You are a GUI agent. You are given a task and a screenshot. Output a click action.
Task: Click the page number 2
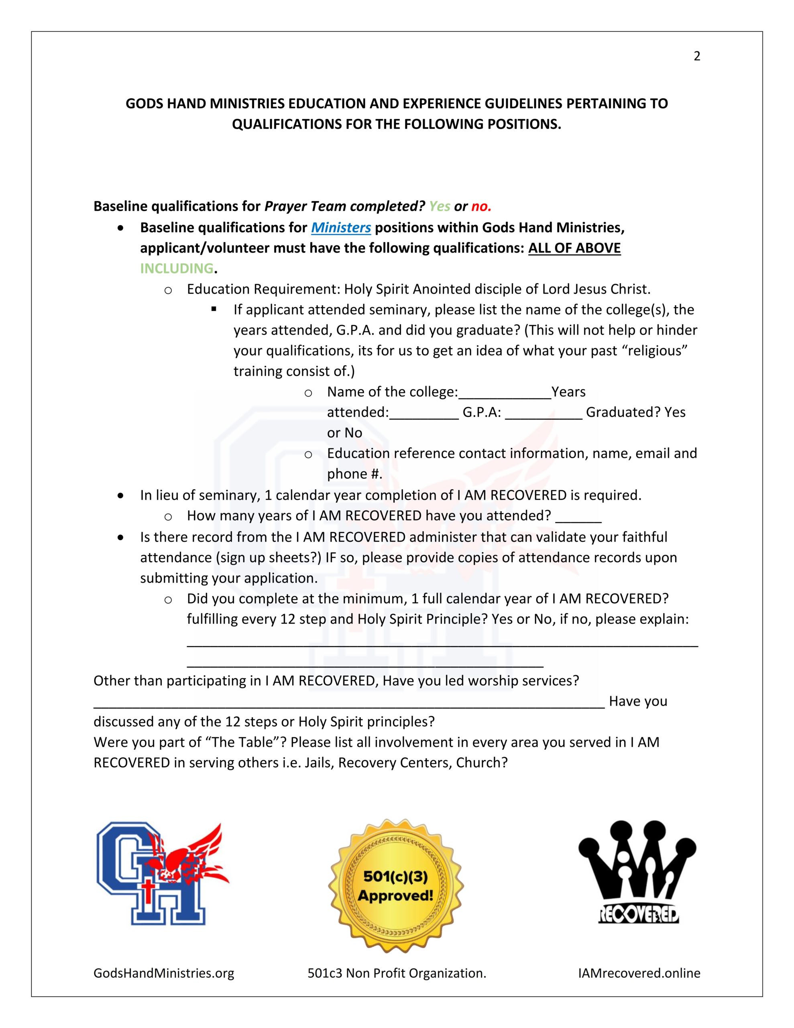(x=696, y=57)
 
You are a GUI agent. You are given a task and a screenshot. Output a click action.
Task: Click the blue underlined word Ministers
(x=341, y=228)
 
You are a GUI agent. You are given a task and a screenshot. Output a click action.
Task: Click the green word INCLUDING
(x=177, y=268)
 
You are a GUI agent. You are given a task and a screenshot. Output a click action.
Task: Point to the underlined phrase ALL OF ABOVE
(x=574, y=248)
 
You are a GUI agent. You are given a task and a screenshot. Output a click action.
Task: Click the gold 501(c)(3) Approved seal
(x=395, y=885)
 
